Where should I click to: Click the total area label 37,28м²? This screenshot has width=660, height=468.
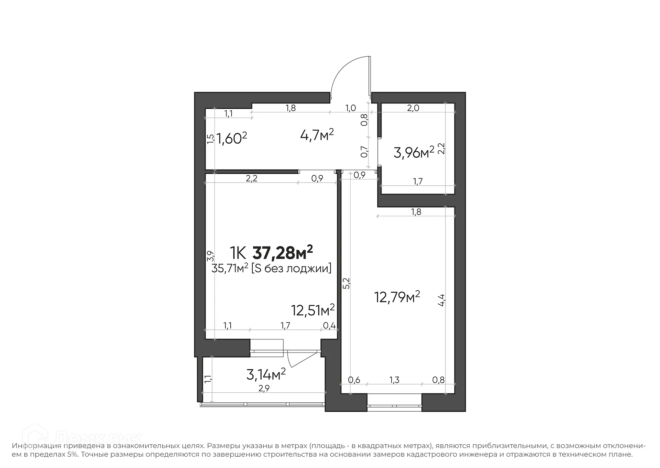[x=282, y=253]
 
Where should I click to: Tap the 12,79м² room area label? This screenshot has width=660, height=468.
[x=397, y=297]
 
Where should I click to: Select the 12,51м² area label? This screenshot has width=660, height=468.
[x=313, y=310]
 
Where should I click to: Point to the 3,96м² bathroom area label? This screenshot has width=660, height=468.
[x=414, y=152]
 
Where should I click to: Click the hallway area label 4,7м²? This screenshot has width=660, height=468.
[x=317, y=135]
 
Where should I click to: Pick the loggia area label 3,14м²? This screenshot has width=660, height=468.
[x=266, y=374]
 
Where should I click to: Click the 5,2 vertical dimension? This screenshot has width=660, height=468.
[x=346, y=283]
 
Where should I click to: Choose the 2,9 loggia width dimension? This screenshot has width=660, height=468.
[x=264, y=389]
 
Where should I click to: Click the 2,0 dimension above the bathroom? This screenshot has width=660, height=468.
[x=413, y=108]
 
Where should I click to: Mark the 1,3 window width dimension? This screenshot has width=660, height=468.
[x=394, y=380]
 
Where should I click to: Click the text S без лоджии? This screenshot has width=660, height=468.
[x=291, y=268]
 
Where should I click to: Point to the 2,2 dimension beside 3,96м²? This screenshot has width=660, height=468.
[x=442, y=149]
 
